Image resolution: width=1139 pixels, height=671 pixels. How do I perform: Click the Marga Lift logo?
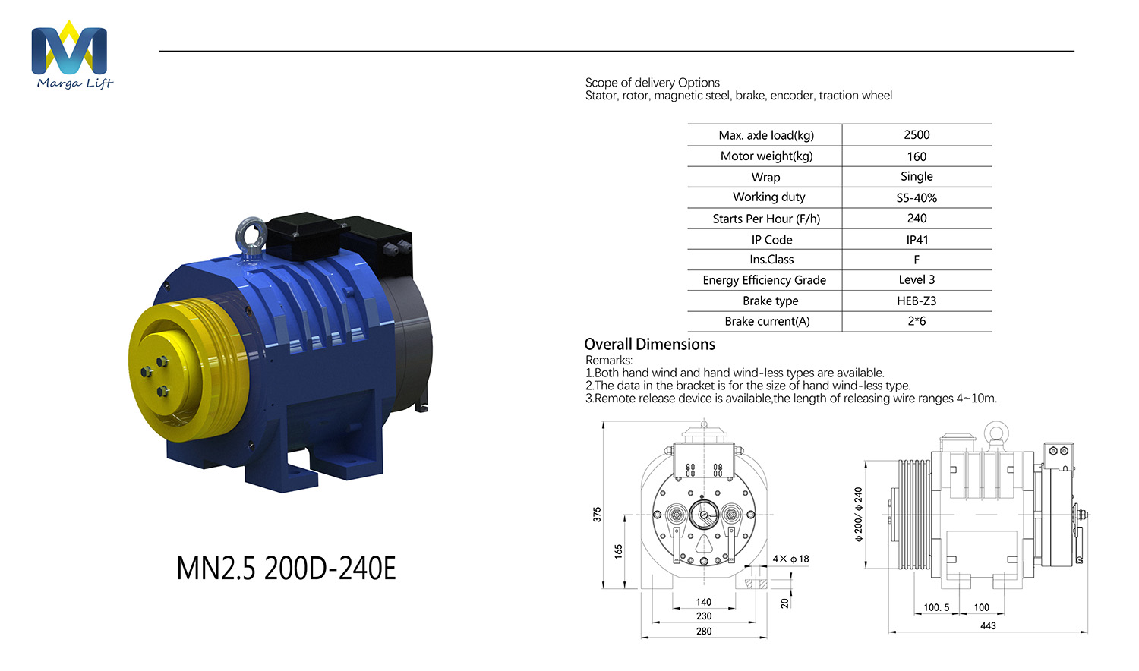71,55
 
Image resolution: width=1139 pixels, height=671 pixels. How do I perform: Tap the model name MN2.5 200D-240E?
286,569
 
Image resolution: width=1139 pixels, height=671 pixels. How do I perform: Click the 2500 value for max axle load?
917,134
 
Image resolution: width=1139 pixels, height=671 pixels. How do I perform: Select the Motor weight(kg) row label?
766,156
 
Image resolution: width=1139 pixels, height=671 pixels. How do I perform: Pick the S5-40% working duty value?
917,198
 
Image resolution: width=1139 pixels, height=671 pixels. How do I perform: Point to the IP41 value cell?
917,239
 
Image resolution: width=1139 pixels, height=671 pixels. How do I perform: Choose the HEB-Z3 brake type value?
917,301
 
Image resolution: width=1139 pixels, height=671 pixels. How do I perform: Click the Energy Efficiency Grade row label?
764,280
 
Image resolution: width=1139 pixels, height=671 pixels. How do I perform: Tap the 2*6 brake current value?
917,321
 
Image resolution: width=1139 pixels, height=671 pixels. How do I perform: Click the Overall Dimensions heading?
649,344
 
